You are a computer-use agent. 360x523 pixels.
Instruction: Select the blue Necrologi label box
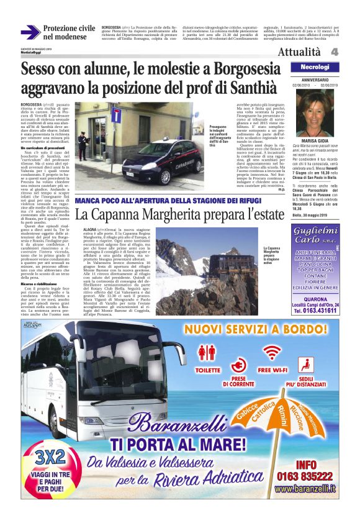click(x=315, y=67)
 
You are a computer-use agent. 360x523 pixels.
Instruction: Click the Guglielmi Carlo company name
click(x=315, y=239)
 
